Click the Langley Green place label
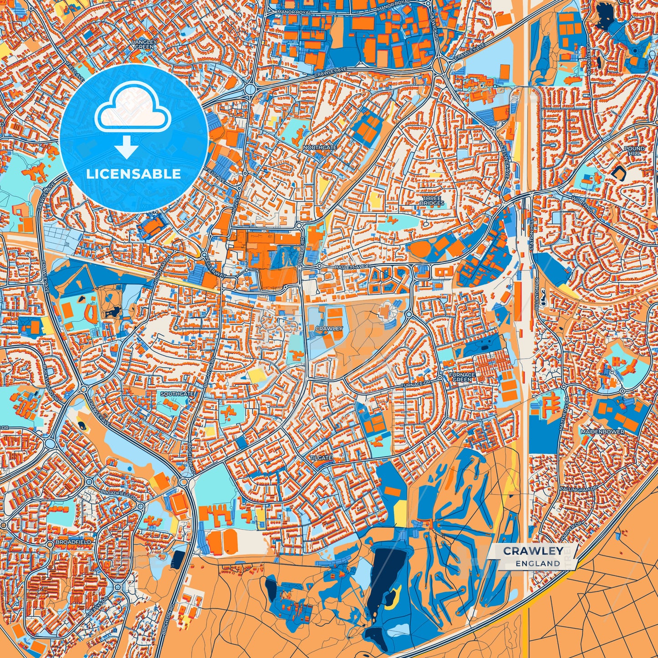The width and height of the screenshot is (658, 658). point(144,44)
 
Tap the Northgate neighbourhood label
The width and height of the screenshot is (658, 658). point(320,148)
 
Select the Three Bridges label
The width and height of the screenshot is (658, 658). point(432,201)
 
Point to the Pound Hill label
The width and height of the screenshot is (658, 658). point(634,151)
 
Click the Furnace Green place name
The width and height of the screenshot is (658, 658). point(462,377)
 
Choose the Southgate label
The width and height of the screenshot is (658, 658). point(177,394)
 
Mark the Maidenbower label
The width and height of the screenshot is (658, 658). point(602,431)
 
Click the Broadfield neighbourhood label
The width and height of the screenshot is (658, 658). point(73,542)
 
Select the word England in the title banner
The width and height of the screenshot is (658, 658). point(538,563)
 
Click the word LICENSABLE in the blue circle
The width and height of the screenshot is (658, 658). point(133,174)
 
